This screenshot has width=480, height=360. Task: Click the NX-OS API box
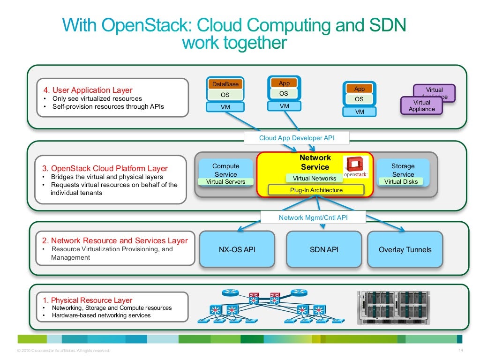[x=237, y=249]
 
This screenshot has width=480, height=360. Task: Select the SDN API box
[x=324, y=249]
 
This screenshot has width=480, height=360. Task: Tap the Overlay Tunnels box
[x=405, y=249]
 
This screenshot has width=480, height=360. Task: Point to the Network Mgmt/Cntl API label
[x=313, y=217]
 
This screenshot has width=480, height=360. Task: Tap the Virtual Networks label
[x=314, y=178]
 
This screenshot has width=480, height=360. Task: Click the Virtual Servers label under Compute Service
[x=225, y=181]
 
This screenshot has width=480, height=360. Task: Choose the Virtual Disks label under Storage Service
[x=401, y=181]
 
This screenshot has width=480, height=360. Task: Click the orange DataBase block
[x=225, y=84]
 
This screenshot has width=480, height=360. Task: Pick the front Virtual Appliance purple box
[x=421, y=106]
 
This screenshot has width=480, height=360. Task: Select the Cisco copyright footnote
[x=63, y=350]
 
